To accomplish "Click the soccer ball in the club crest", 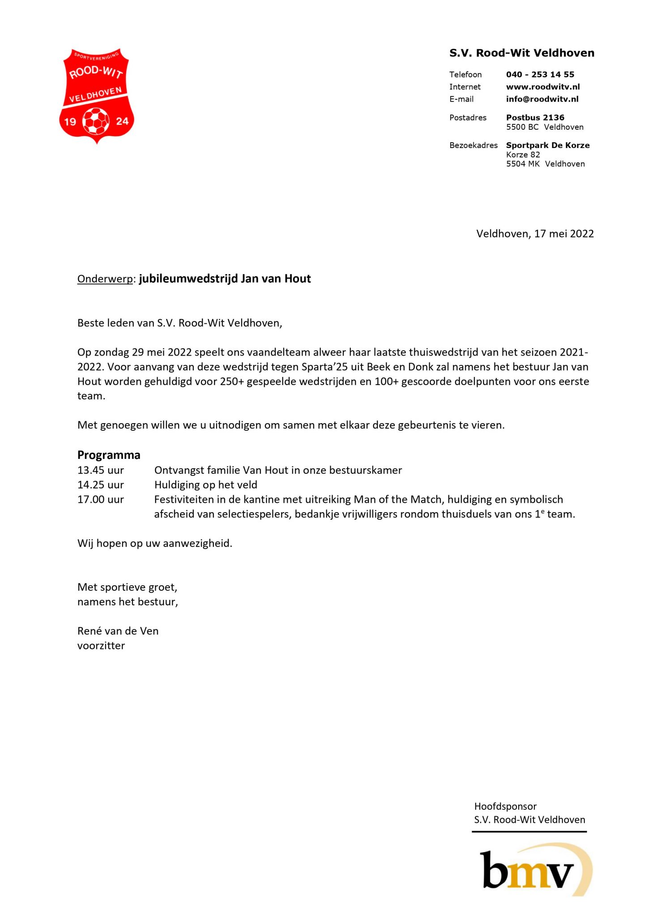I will (96, 121).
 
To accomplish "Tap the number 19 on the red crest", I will (70, 122).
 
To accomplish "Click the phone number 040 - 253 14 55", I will (540, 75).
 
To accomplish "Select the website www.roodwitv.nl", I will (542, 87).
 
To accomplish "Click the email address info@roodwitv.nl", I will (542, 99).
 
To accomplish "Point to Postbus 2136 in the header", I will (535, 118).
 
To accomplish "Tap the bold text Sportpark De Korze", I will (547, 145).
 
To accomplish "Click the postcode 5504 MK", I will (523, 164).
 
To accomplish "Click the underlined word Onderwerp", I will (105, 279).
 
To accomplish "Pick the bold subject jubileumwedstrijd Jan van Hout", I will (225, 279).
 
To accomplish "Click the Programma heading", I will (109, 455).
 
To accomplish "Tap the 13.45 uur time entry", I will (100, 471).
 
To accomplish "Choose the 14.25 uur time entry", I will (100, 485).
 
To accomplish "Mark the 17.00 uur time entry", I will (100, 500).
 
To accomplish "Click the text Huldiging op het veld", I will (205, 485).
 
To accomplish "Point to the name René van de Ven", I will (118, 631).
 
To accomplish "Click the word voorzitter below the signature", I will (101, 646).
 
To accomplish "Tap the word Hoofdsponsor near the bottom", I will (505, 806).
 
